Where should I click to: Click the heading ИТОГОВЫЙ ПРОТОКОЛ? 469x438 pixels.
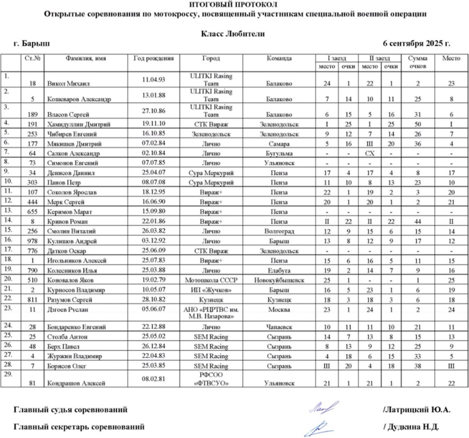point(234,5)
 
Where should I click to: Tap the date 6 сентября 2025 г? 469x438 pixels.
point(416,43)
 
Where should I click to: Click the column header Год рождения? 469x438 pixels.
point(153,58)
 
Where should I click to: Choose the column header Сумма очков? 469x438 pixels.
point(418,63)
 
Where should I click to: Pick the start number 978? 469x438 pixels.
point(33,241)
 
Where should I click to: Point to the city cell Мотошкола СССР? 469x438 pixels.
point(211,281)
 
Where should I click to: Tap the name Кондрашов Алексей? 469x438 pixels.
point(77,383)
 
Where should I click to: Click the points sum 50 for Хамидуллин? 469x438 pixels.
point(418,124)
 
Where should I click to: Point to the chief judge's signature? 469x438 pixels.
point(323,407)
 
